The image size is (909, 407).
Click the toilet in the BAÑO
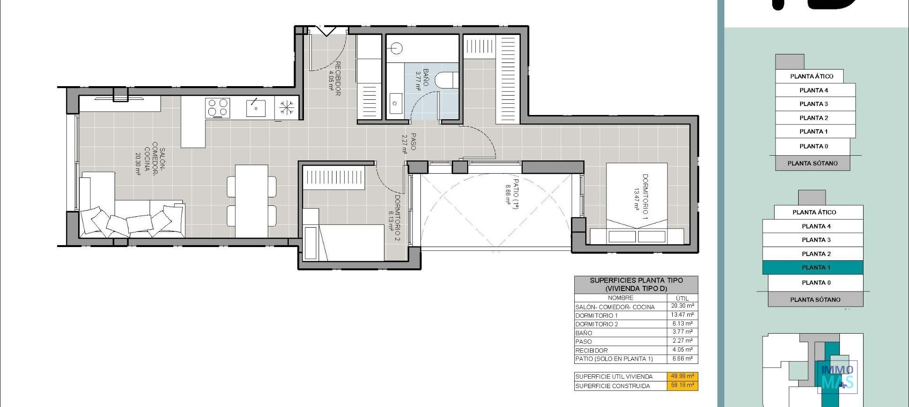446,80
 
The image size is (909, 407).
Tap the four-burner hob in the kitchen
218,108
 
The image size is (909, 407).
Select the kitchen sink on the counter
255,108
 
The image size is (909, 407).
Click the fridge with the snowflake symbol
286,107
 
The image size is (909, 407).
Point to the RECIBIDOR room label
334,78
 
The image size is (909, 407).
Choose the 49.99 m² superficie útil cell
682,376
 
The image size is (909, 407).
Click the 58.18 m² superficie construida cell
682,385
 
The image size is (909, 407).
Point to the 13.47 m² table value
682,315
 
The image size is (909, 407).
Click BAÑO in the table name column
584,333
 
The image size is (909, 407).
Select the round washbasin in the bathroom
397,48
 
